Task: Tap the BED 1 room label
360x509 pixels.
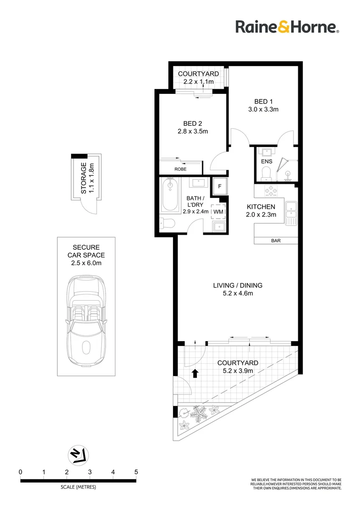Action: pyautogui.click(x=263, y=101)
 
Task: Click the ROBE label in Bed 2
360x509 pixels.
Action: pyautogui.click(x=180, y=169)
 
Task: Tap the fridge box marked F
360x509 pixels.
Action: pyautogui.click(x=219, y=186)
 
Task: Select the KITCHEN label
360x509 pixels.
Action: pyautogui.click(x=262, y=206)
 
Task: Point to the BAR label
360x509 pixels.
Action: pyautogui.click(x=276, y=240)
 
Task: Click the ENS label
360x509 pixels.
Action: pyautogui.click(x=267, y=161)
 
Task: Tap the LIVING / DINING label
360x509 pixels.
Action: pyautogui.click(x=237, y=285)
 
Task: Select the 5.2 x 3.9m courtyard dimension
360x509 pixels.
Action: pyautogui.click(x=237, y=371)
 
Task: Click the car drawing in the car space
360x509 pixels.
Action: pyautogui.click(x=86, y=322)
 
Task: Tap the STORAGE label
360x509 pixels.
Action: pyautogui.click(x=83, y=179)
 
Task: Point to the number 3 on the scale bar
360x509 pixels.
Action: pyautogui.click(x=90, y=472)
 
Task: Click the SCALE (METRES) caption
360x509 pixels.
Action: pyautogui.click(x=78, y=487)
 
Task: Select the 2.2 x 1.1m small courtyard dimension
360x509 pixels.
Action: pyautogui.click(x=198, y=82)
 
